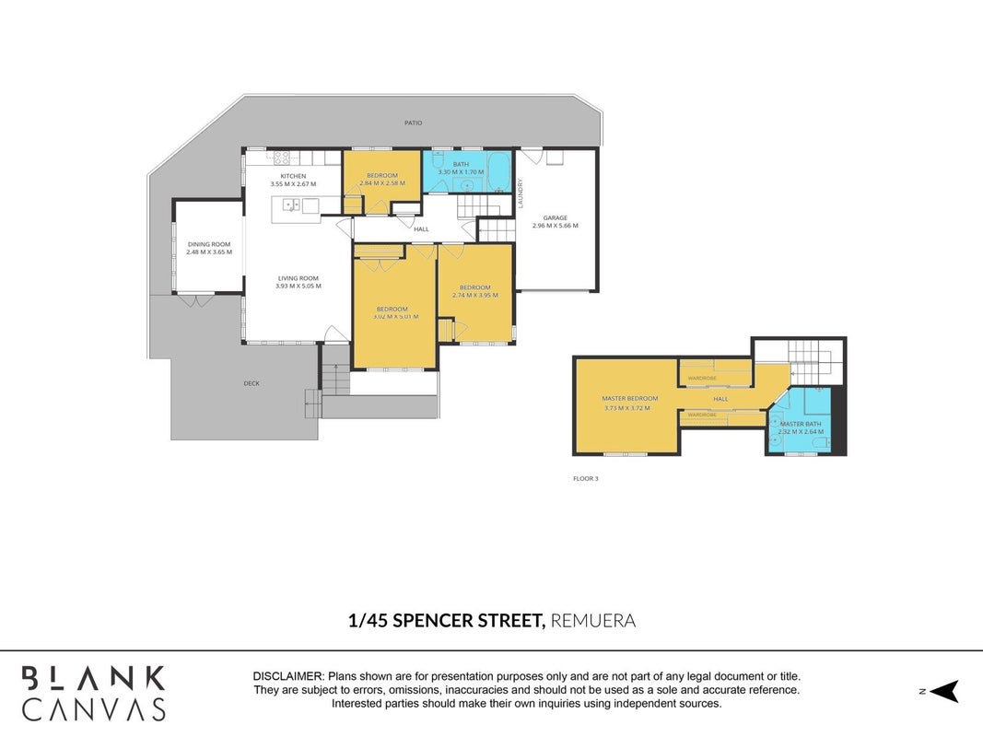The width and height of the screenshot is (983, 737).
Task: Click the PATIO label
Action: [x=413, y=123]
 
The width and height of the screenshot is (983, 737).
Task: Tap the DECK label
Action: [x=252, y=383]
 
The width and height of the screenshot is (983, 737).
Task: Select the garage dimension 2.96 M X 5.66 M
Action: [x=556, y=226]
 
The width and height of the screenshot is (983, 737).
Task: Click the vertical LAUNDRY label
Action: [x=521, y=193]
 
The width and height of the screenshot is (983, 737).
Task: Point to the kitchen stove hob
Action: [x=282, y=158]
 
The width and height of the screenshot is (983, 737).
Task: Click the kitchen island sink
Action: [x=291, y=205]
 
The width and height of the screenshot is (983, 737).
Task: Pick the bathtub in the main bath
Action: [x=499, y=171]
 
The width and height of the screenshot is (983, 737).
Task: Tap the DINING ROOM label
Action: [x=209, y=244]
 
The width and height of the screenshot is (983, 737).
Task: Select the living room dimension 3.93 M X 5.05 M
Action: [x=298, y=286]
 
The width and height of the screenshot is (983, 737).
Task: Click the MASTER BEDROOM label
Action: [x=630, y=399]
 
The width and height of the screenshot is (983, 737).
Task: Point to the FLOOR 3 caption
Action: [x=586, y=479]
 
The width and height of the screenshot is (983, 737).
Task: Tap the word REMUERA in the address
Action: [x=593, y=620]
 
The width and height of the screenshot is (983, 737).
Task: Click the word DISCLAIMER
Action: [x=287, y=676]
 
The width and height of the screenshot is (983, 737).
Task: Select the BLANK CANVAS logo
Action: [x=93, y=693]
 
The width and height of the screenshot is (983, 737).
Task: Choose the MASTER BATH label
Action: [x=801, y=425]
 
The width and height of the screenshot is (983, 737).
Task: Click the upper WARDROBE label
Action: [x=702, y=378]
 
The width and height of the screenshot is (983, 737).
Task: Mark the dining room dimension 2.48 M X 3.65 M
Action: [x=209, y=252]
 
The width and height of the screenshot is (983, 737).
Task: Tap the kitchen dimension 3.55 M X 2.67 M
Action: [x=293, y=184]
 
